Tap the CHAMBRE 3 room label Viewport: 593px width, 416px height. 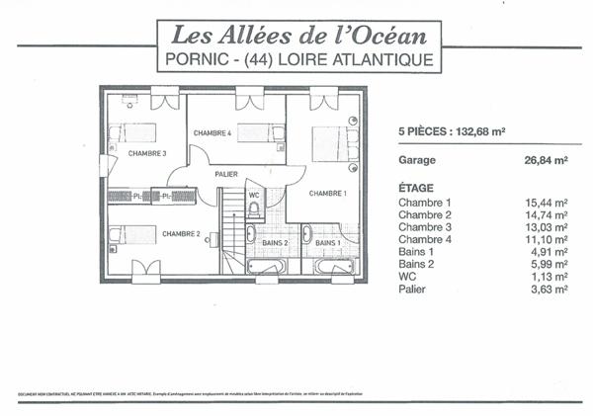coord(145,154)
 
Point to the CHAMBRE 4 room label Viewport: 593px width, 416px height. coord(212,132)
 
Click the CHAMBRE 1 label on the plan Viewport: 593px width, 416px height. coord(327,194)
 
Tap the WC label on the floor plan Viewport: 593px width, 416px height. coord(254,195)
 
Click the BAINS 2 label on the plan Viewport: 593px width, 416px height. coord(274,242)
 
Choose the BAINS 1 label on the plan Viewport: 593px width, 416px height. coord(328,242)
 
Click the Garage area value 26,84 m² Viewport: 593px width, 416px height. coord(545,159)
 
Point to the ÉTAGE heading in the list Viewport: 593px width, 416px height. coord(417,187)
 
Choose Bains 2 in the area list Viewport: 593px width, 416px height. coord(418,264)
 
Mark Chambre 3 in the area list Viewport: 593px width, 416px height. coord(426,226)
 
